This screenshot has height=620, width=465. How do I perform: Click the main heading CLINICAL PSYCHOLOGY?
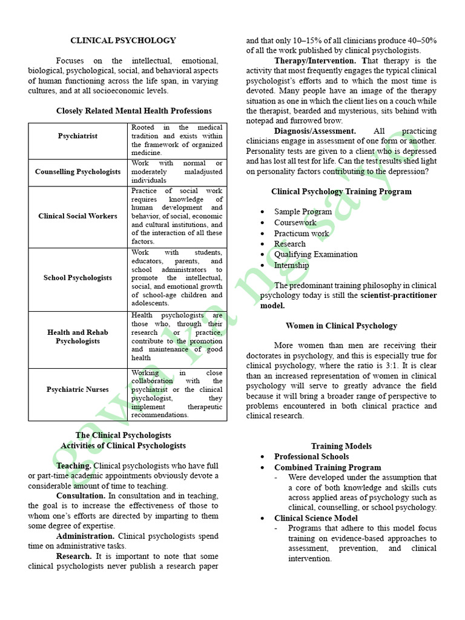click(123, 41)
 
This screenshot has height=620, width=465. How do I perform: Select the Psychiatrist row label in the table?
click(77, 136)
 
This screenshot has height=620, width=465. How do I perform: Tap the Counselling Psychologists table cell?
click(77, 172)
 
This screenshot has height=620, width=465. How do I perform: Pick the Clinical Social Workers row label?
click(77, 216)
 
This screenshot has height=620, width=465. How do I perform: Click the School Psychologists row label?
click(77, 278)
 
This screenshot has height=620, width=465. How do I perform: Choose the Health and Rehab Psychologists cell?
click(77, 337)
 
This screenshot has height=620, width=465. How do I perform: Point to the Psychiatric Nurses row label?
click(77, 389)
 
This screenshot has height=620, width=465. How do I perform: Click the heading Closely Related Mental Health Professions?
click(134, 111)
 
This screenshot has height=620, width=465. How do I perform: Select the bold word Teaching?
click(74, 466)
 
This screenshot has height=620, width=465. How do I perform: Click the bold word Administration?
click(85, 536)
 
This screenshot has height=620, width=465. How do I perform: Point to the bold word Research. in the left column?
click(74, 556)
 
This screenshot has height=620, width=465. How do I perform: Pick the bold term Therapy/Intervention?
click(315, 61)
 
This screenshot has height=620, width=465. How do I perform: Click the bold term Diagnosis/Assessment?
click(315, 131)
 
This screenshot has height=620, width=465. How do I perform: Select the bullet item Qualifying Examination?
click(315, 254)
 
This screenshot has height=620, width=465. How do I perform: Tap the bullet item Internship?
click(291, 265)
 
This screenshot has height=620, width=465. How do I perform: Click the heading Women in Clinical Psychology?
click(341, 326)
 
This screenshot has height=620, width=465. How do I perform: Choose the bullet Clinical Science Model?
click(315, 518)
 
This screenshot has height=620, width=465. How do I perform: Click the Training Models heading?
click(341, 446)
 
